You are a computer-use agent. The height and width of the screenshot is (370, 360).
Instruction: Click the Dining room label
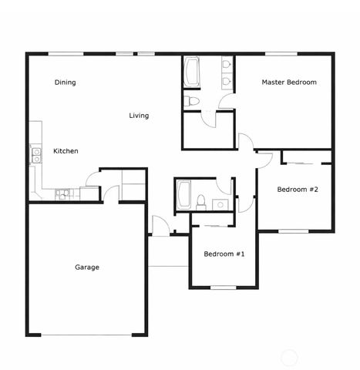pyautogui.click(x=66, y=82)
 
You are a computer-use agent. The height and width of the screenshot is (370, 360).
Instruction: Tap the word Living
pyautogui.click(x=139, y=116)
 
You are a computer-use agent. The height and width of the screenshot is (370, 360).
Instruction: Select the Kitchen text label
pyautogui.click(x=66, y=151)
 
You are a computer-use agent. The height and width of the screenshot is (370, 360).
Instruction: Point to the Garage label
pyautogui.click(x=86, y=267)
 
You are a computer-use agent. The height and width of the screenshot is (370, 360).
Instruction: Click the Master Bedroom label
pyautogui.click(x=289, y=82)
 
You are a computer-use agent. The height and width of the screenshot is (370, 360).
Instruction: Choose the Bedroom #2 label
pyautogui.click(x=298, y=190)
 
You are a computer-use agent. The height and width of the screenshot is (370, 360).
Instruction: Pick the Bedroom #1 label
pyautogui.click(x=224, y=254)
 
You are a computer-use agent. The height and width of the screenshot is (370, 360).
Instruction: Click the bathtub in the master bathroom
pyautogui.click(x=191, y=72)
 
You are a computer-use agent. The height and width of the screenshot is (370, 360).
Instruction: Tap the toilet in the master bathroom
pyautogui.click(x=191, y=100)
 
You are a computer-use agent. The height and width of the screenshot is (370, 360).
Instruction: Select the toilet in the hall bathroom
pyautogui.click(x=200, y=203)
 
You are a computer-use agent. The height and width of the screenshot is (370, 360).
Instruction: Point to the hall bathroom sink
pyautogui.click(x=219, y=204)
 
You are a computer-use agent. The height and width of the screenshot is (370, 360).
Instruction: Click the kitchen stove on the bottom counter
pyautogui.click(x=62, y=193)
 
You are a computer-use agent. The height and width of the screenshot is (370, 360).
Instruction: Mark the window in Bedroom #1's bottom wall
pyautogui.click(x=224, y=288)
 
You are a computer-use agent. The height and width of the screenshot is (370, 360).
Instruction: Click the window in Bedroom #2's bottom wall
pyautogui.click(x=293, y=230)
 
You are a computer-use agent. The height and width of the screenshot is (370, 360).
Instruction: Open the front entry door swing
pyautogui.click(x=160, y=227)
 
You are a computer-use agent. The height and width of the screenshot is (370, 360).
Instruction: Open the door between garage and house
pyautogui.click(x=111, y=193)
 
